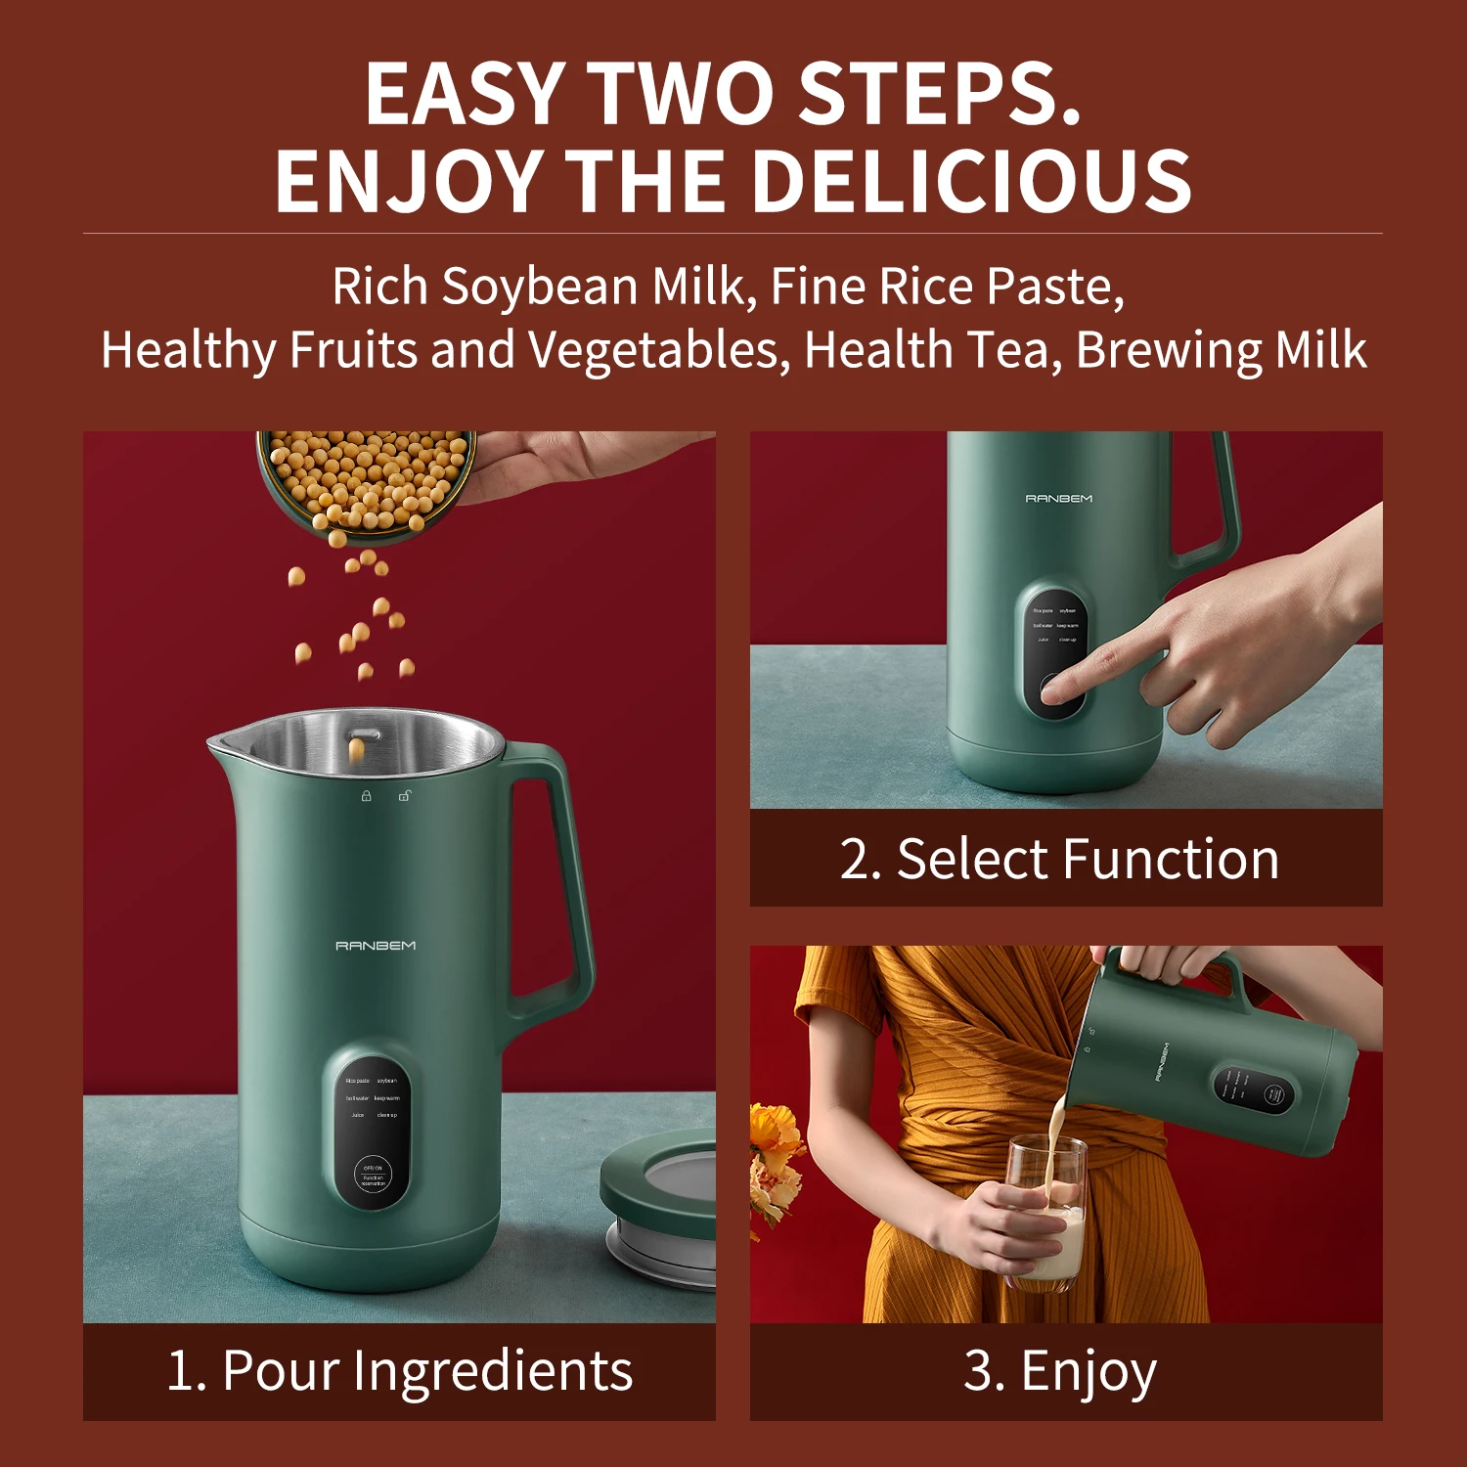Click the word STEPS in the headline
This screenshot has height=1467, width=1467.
pos(939,94)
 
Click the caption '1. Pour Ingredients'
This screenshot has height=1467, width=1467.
pos(399,1371)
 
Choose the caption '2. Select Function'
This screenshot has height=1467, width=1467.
pos(1059,860)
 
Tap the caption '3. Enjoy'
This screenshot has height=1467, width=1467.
pos(1060,1371)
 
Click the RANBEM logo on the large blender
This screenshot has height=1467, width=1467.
pos(376,946)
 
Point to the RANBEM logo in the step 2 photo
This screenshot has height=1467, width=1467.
pos(1058,499)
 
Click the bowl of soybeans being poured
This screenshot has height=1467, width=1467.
pos(367,479)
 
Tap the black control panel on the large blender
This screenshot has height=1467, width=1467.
pos(372,1130)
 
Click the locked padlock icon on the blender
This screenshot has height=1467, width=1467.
pos(366,796)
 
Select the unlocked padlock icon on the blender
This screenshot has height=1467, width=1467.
pos(404,796)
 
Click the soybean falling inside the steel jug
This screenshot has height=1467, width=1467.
pos(357,750)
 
